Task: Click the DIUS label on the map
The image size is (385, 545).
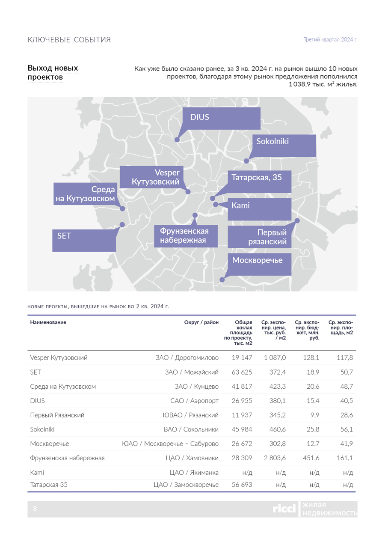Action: pos(222,118)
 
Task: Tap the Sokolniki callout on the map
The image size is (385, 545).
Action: pos(284,146)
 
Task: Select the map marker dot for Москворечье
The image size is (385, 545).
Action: pos(222,280)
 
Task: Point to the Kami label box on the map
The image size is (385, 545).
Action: pos(259,209)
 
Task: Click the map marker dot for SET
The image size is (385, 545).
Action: pos(122,225)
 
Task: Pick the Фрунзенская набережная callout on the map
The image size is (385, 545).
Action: pos(186,236)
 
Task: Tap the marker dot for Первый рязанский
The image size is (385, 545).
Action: pos(297,220)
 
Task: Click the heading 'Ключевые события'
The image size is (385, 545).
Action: pos(69,40)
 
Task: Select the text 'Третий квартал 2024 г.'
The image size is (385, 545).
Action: pos(330,40)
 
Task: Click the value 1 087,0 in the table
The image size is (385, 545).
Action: pos(275,357)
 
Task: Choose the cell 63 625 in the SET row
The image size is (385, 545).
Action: pos(242,372)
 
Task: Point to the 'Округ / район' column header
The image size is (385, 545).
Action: pos(201,322)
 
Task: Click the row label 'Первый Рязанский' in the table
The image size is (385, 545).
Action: pos(57,415)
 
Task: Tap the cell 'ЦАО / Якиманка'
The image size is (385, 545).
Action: pos(194,473)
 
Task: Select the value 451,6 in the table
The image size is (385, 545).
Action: pos(311,458)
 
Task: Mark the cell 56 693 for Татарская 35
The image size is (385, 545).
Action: pos(242,485)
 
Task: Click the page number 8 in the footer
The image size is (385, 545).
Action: pos(35,509)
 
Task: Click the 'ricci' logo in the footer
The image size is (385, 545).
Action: pos(284,509)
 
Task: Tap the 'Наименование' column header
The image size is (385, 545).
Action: pos(48,322)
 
